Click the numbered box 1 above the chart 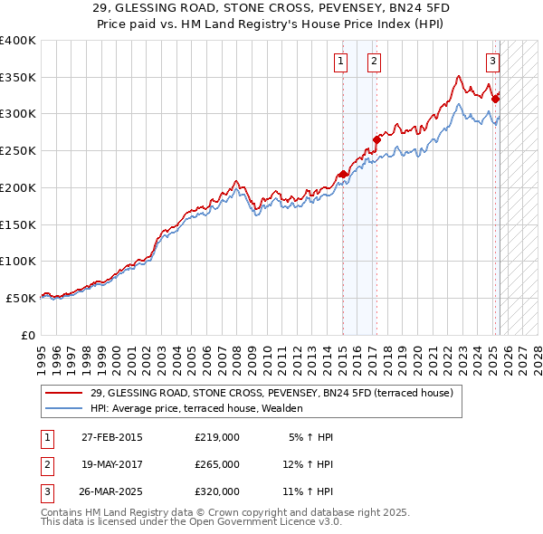[x=340, y=62]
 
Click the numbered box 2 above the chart [x=374, y=62]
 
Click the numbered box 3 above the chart [x=492, y=62]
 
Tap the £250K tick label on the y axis [x=18, y=150]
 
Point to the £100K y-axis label [x=18, y=261]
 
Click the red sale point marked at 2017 [x=377, y=139]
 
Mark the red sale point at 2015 [x=343, y=174]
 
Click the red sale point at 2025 [x=496, y=99]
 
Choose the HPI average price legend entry [x=208, y=409]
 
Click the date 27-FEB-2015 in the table [x=112, y=437]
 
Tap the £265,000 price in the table [x=217, y=464]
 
